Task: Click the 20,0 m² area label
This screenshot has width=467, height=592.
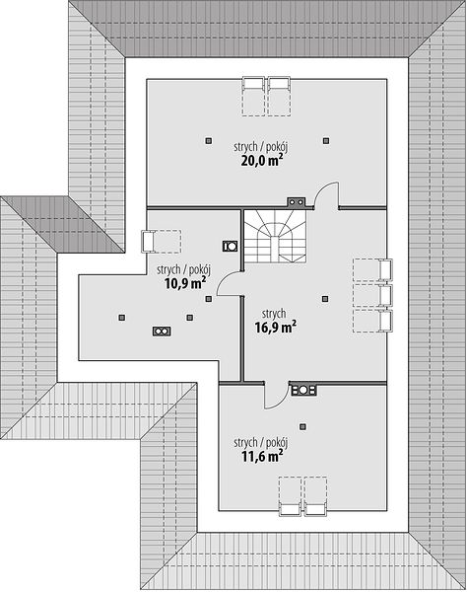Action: click(x=262, y=161)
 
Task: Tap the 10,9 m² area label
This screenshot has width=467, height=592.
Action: click(x=185, y=283)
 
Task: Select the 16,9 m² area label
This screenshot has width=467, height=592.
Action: click(x=275, y=327)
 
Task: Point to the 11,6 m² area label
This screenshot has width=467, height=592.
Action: click(x=262, y=457)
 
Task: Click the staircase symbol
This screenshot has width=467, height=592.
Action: click(x=275, y=237)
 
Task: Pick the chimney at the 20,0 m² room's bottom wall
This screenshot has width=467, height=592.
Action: click(x=297, y=202)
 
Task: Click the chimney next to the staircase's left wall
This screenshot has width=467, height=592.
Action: click(x=230, y=247)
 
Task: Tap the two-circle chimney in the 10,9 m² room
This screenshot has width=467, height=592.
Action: click(x=162, y=332)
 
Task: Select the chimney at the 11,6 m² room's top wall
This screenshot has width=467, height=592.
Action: click(x=303, y=390)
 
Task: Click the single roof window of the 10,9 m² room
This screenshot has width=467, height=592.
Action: click(x=161, y=242)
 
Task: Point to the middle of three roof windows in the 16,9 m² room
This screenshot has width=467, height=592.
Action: click(x=372, y=296)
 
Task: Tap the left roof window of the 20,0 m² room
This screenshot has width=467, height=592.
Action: click(x=253, y=97)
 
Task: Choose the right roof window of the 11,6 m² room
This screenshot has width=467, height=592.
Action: click(x=316, y=496)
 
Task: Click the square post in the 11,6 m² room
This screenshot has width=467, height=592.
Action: click(x=302, y=426)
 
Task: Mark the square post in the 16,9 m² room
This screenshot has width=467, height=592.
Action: click(x=325, y=299)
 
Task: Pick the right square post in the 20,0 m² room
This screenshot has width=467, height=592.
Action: click(x=326, y=141)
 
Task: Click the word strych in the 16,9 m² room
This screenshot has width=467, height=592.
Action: click(x=274, y=314)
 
